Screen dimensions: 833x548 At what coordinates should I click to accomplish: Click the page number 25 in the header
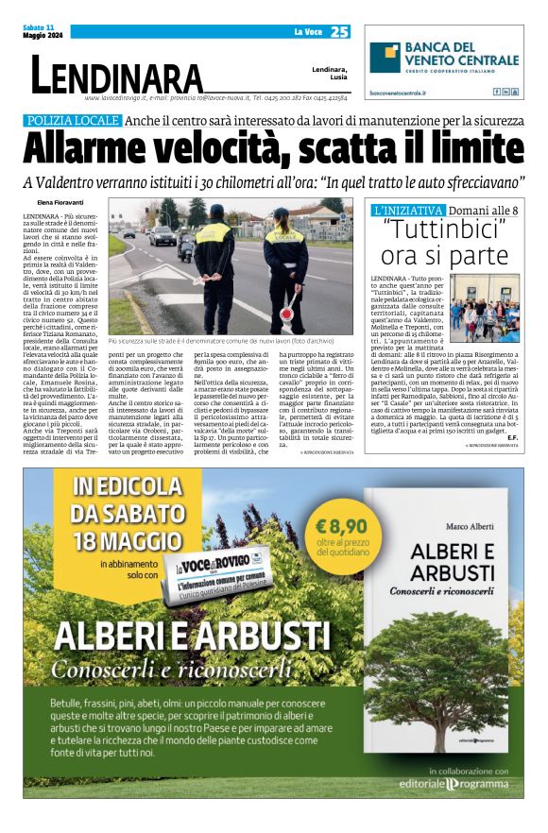(340, 31)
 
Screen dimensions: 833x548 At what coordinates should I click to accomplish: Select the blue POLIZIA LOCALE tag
(74, 121)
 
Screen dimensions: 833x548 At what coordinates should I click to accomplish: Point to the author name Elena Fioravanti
(58, 203)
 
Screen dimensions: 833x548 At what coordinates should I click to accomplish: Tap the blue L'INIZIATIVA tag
(408, 209)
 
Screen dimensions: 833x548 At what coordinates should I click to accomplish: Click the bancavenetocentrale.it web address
(398, 93)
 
